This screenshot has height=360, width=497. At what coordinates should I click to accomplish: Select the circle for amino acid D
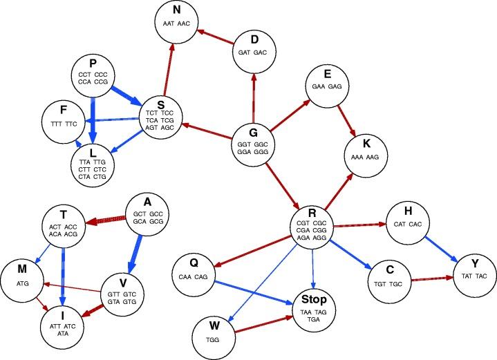(x=254, y=49)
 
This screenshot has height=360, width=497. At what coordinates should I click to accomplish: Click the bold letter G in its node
(x=254, y=133)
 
